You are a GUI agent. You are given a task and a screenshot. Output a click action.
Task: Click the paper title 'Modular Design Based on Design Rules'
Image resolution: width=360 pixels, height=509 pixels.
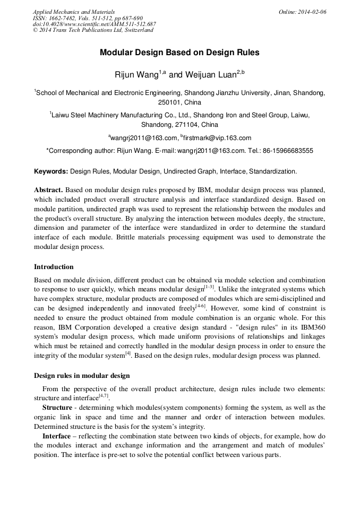pyautogui.click(x=179, y=53)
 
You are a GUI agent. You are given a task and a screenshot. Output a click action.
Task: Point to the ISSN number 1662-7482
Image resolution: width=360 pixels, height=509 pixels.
pyautogui.click(x=62, y=18)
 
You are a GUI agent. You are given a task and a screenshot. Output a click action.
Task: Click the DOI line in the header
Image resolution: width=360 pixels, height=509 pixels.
pyautogui.click(x=94, y=24)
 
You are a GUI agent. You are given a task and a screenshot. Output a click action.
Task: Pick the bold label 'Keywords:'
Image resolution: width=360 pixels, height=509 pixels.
pyautogui.click(x=51, y=171)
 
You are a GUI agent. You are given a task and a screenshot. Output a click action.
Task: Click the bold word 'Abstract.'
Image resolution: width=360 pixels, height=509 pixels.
pyautogui.click(x=49, y=189)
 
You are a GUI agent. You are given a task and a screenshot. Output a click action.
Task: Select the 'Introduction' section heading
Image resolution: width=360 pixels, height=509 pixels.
pyautogui.click(x=54, y=266)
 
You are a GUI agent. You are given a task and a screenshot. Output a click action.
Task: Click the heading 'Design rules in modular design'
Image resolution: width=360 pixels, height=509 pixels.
pyautogui.click(x=82, y=376)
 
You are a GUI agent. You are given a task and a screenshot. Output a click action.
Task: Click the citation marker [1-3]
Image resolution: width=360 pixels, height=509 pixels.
pyautogui.click(x=210, y=287)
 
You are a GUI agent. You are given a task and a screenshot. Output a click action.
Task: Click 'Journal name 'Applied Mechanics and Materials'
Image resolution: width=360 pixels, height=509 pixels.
pyautogui.click(x=73, y=11)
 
